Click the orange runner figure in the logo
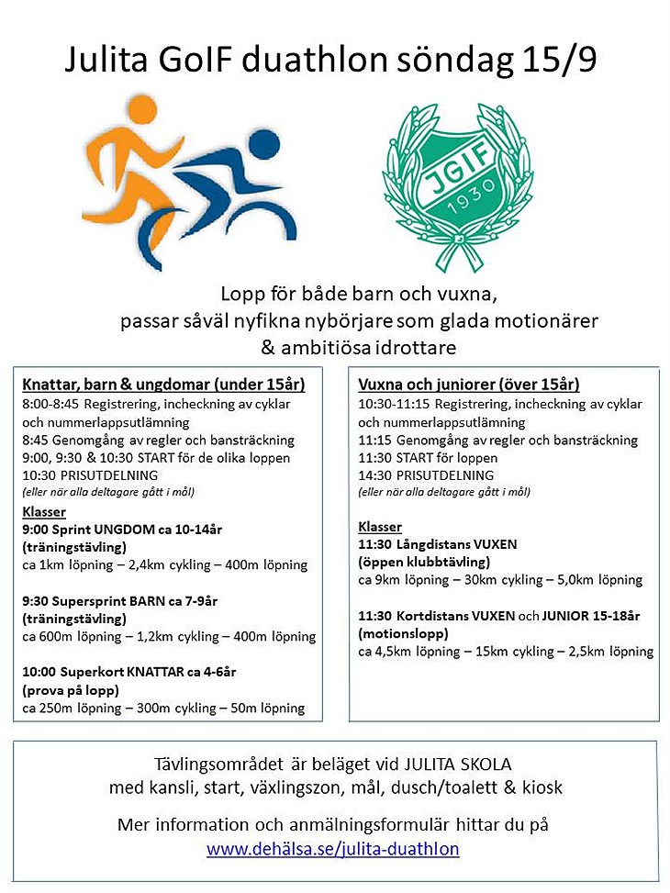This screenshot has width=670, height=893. coord(128,156)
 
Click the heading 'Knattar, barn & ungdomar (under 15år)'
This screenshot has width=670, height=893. coord(163,385)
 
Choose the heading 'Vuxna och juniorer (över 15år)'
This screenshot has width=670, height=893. coord(468,385)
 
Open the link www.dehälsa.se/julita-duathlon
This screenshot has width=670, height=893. coord(333,849)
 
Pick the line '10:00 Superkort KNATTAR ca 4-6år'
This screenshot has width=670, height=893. coord(129,672)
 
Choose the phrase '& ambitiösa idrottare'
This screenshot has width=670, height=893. coord(358,349)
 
